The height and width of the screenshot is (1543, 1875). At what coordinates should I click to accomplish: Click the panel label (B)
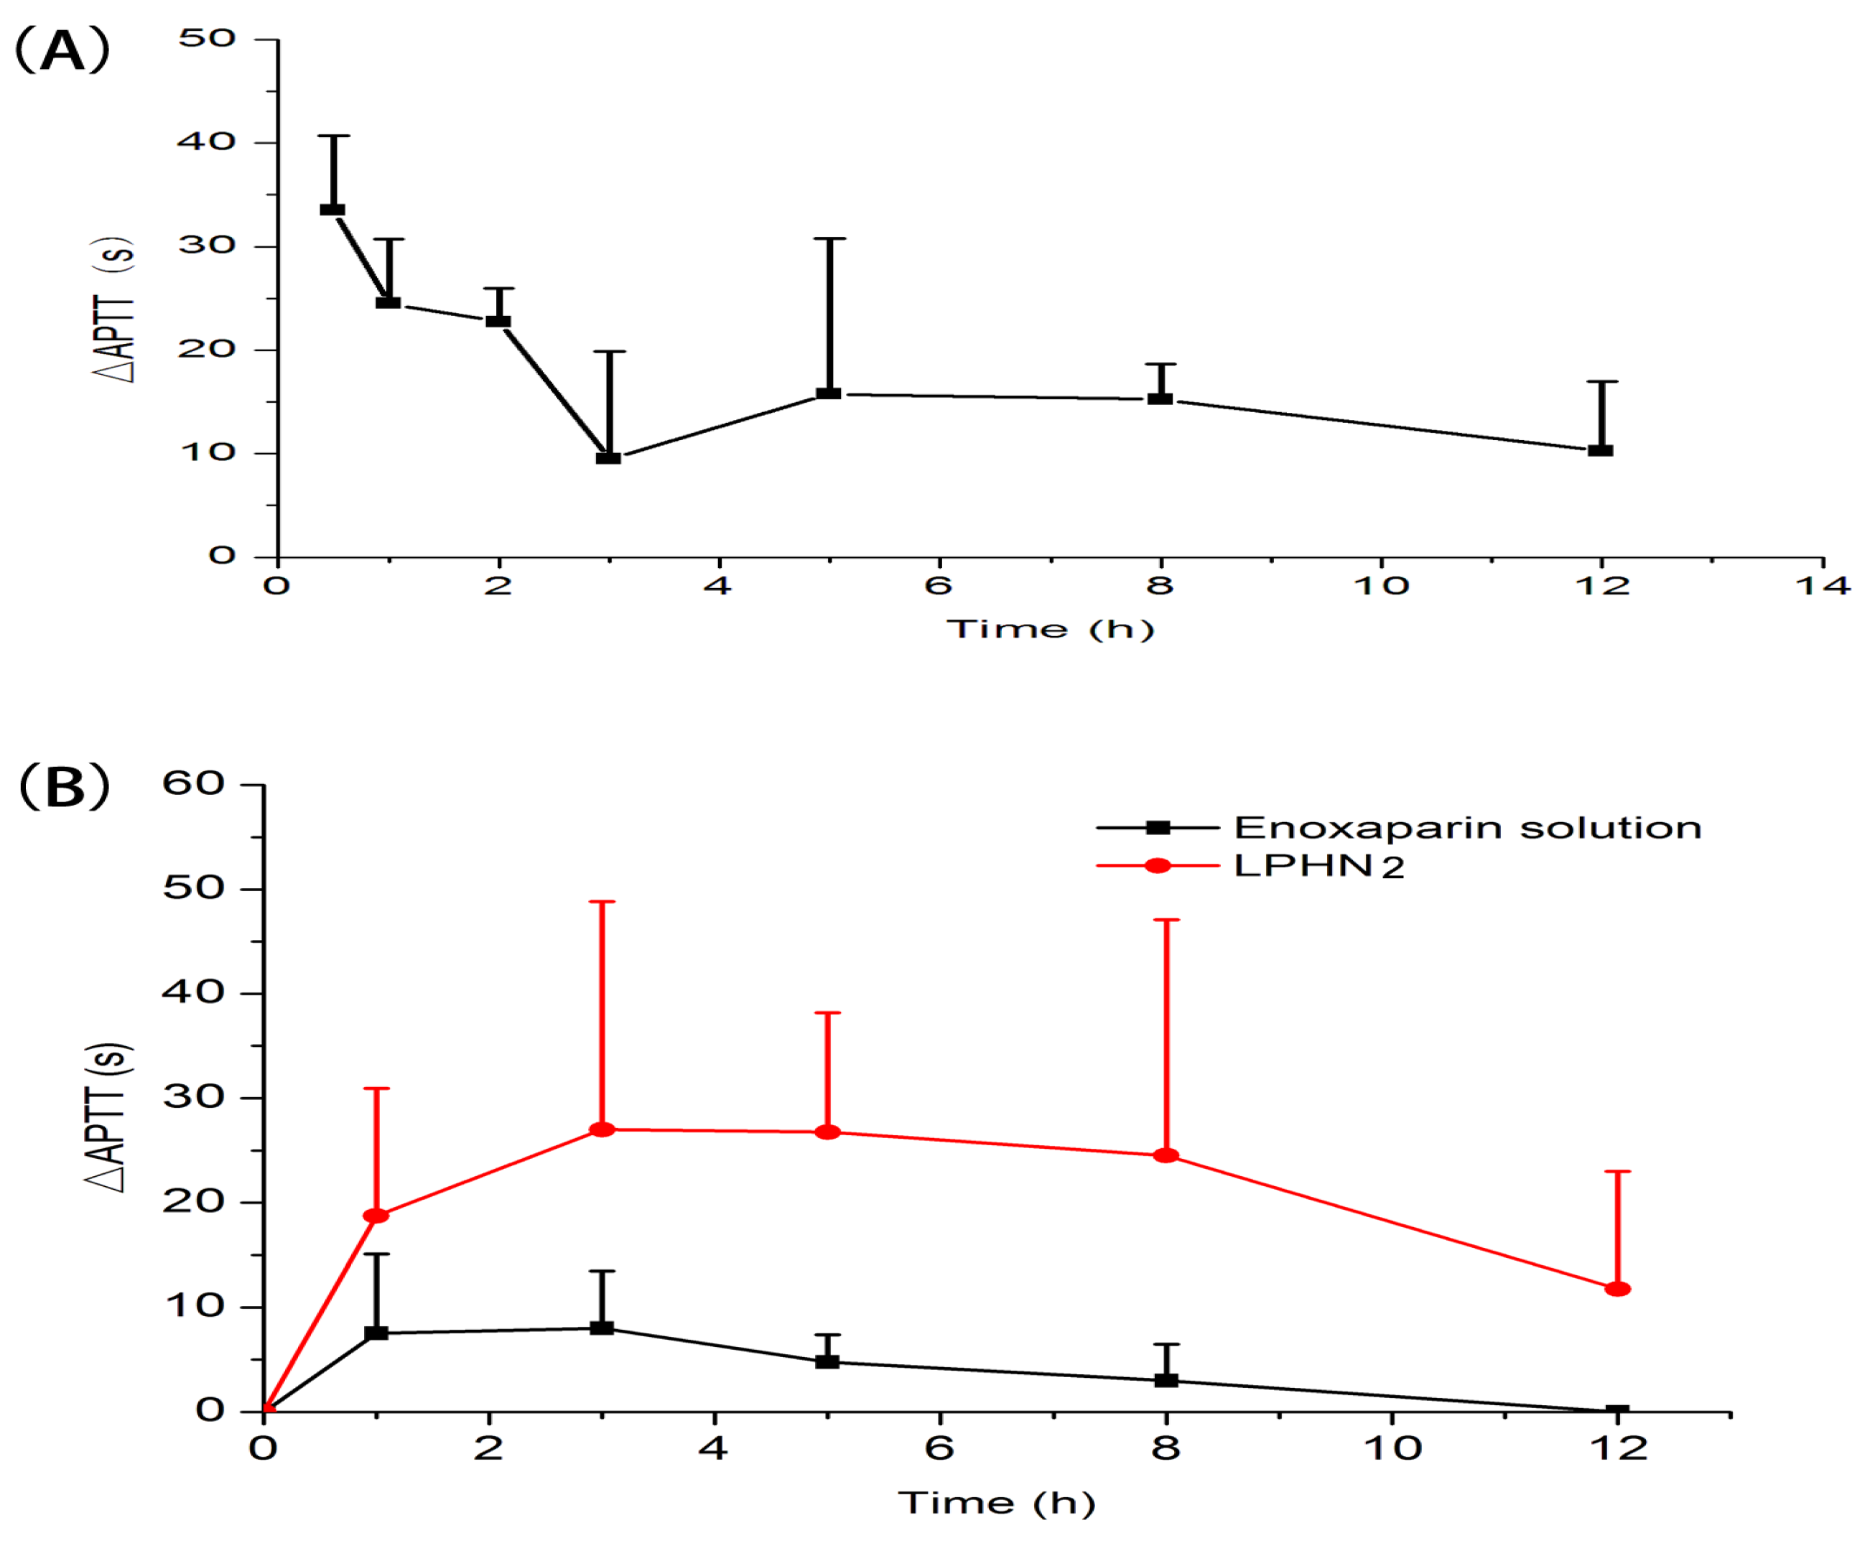click(x=64, y=787)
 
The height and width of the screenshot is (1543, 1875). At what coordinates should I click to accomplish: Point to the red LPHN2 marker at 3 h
click(x=602, y=1129)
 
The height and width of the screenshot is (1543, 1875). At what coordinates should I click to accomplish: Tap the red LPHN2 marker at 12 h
click(x=1617, y=1289)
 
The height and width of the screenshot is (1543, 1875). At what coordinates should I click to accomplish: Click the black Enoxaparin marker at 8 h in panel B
click(x=1166, y=1380)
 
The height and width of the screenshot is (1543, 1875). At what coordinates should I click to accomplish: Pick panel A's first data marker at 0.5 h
click(x=332, y=210)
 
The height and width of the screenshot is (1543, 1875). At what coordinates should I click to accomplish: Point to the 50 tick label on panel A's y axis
click(x=207, y=38)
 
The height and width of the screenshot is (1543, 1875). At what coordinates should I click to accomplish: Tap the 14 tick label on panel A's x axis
click(x=1823, y=586)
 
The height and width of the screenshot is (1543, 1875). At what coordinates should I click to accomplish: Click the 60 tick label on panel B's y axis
click(x=193, y=784)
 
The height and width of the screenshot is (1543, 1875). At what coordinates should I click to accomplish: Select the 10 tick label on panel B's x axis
click(x=1392, y=1449)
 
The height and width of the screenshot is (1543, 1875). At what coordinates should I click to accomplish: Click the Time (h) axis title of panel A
click(x=1050, y=629)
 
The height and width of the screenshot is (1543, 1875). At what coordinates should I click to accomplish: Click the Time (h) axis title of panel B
click(x=997, y=1503)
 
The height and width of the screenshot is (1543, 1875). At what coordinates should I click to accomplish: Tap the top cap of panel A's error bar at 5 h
click(x=829, y=239)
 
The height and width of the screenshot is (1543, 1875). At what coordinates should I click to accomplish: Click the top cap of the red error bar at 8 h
click(x=1166, y=920)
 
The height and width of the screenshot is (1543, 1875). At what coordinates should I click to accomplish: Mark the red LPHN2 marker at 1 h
click(x=376, y=1216)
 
